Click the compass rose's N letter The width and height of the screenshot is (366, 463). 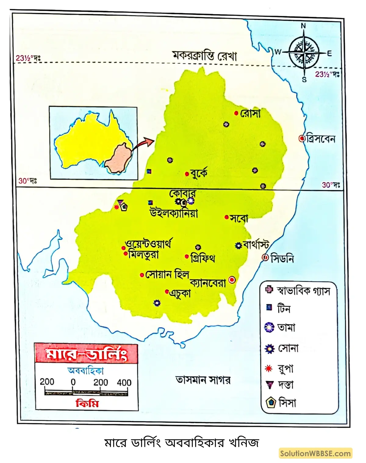click(303, 26)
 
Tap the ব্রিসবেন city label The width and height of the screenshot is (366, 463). click(321, 139)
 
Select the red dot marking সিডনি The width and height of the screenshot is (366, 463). click(265, 257)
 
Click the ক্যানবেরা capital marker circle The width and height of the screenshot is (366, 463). click(232, 280)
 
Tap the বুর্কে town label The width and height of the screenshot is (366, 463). click(199, 173)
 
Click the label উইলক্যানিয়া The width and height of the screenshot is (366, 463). click(174, 213)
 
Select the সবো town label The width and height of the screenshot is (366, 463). click(239, 218)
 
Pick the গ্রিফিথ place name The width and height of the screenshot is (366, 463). click(203, 258)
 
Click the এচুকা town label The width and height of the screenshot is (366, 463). click(180, 293)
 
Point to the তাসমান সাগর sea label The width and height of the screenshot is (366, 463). click(203, 380)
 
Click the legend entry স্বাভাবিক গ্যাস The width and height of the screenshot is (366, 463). click(303, 291)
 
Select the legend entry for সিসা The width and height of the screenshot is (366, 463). click(287, 403)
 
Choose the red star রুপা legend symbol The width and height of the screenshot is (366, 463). click(269, 369)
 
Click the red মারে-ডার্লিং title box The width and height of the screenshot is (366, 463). click(86, 354)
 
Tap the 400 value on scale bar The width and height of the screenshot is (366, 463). click(124, 383)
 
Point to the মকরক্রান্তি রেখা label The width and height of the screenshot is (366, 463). click(204, 56)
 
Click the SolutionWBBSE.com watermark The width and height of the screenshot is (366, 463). click(315, 453)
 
